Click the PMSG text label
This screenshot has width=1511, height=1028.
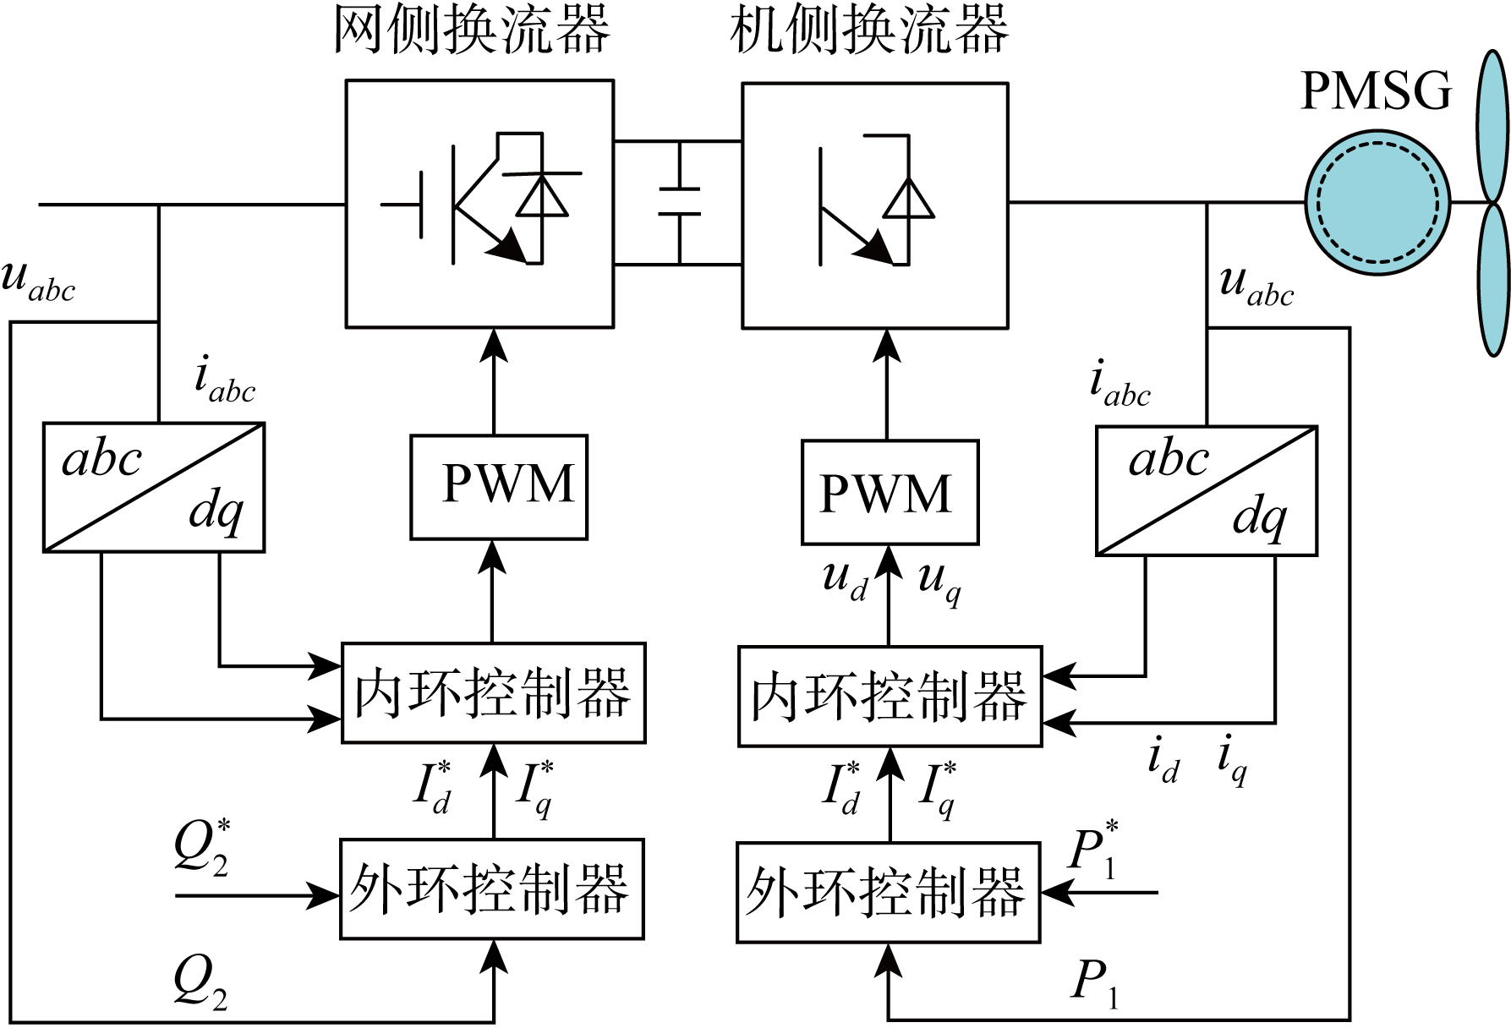tap(1376, 91)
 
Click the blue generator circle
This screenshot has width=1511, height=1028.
tap(1377, 203)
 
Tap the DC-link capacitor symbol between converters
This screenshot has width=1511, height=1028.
tap(679, 203)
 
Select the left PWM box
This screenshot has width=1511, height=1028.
tap(499, 487)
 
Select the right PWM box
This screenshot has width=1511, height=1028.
tap(890, 492)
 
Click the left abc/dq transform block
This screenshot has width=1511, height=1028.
tap(154, 488)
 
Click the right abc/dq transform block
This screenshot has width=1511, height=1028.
tap(1206, 490)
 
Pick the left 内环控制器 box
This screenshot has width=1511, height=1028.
tap(493, 692)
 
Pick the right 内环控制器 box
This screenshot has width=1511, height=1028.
tap(890, 696)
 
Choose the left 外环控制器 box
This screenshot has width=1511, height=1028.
tap(491, 889)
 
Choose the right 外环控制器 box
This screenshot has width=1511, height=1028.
tap(888, 892)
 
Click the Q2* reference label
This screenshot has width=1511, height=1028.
tap(200, 845)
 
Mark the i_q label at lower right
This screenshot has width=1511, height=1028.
tap(1232, 758)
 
